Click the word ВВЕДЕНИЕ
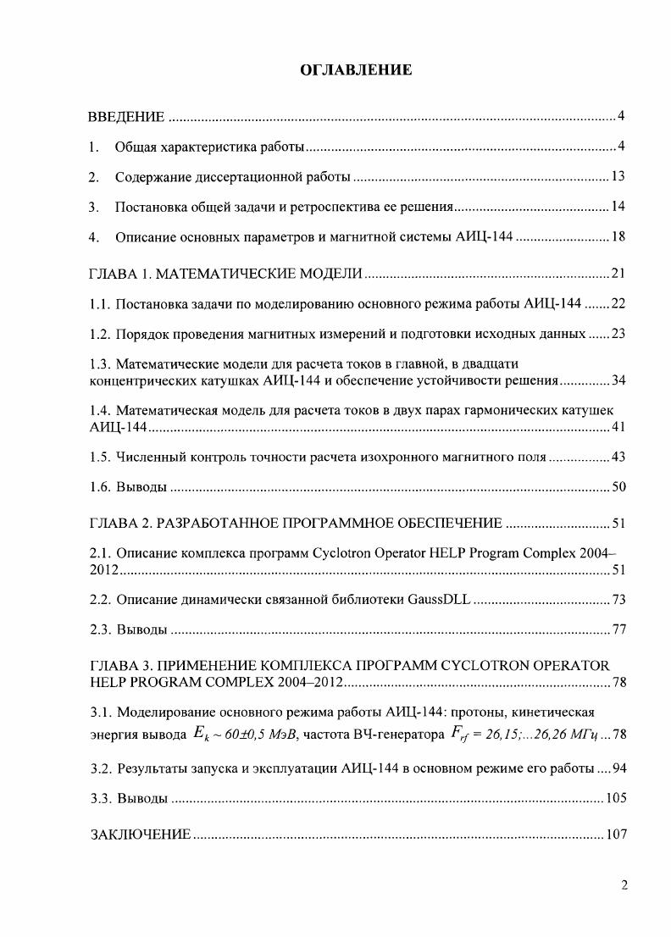point(127,116)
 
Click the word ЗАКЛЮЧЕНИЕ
point(141,834)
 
